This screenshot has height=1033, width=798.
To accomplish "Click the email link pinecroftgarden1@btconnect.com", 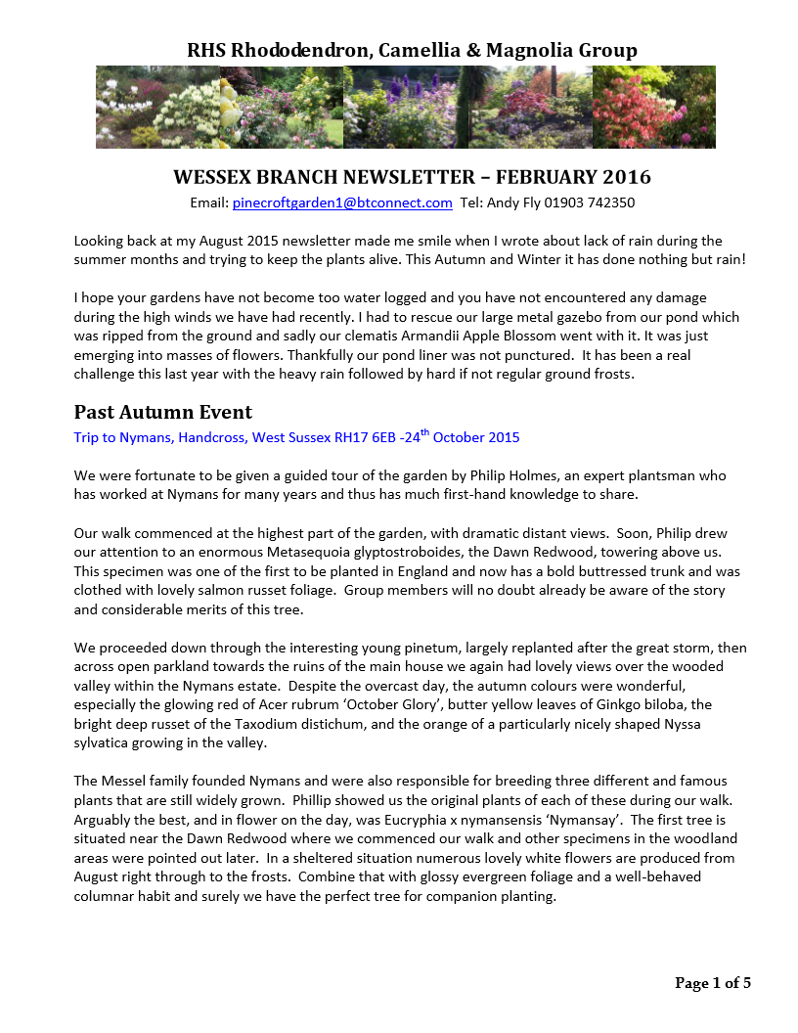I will coord(342,203).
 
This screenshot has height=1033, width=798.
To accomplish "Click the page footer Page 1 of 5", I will coord(713,983).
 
